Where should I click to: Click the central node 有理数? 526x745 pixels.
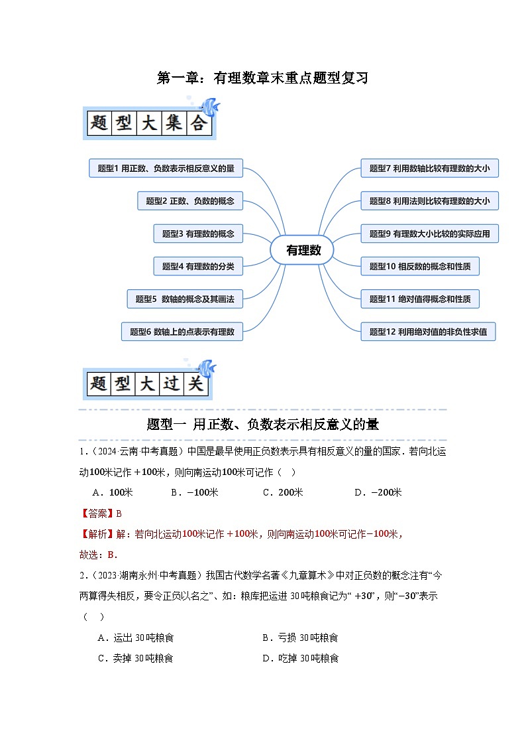303,250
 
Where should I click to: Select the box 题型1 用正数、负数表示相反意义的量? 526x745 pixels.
166,169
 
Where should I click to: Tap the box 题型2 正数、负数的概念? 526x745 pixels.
190,201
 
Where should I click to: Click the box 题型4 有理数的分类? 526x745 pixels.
198,266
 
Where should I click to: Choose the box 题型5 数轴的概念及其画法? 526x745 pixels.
185,299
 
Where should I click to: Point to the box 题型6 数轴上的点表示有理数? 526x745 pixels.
182,332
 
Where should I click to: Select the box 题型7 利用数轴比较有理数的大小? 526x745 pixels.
429,169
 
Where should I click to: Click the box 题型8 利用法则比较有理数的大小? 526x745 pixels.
429,201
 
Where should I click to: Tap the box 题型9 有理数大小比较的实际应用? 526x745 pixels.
429,234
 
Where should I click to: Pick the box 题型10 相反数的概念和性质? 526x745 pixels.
419,266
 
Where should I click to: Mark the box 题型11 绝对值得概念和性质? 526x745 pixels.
419,299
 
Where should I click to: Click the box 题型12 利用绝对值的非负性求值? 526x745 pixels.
428,332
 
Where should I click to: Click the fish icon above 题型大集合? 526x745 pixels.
210,106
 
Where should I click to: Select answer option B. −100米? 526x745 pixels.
194,492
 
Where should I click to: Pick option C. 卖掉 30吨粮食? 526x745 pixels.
135,658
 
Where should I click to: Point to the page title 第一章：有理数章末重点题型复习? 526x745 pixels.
262,78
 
